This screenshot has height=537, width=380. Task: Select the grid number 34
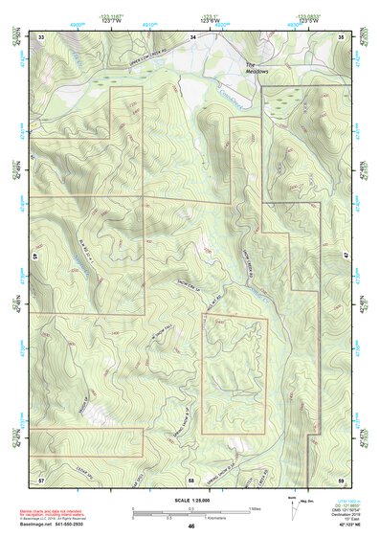tap(192, 36)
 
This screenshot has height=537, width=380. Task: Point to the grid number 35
tap(343, 36)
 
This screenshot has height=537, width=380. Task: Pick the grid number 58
tap(192, 477)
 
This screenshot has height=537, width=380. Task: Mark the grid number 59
tap(343, 477)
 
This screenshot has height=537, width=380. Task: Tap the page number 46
tap(191, 526)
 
